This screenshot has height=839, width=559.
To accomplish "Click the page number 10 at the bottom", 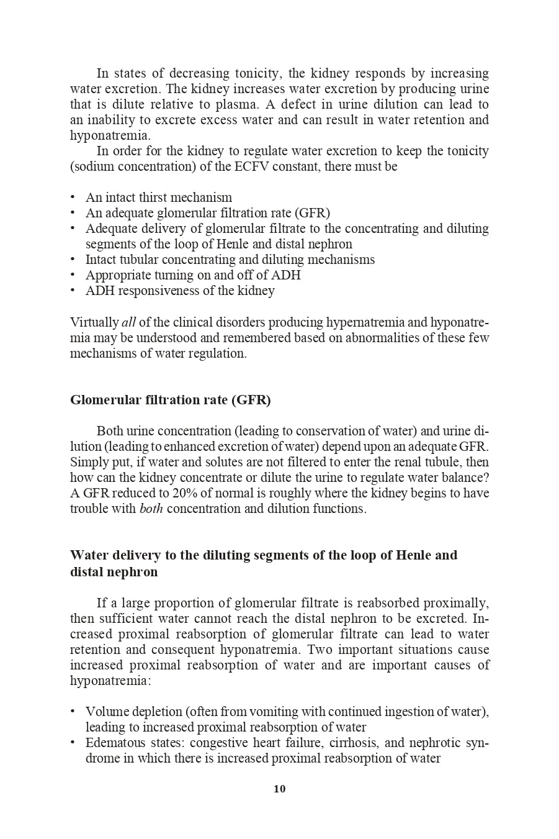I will point(279,789).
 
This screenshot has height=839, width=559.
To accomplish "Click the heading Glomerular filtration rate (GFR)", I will point(171,400).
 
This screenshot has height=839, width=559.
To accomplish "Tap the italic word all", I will point(128,322).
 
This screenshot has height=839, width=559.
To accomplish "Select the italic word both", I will point(151,509).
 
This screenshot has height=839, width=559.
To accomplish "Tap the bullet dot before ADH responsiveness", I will point(73,291).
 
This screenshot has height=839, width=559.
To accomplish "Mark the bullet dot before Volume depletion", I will point(73,712).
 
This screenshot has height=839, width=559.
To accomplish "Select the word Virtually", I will point(94,322).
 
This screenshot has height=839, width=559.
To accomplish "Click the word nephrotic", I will point(437,743).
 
